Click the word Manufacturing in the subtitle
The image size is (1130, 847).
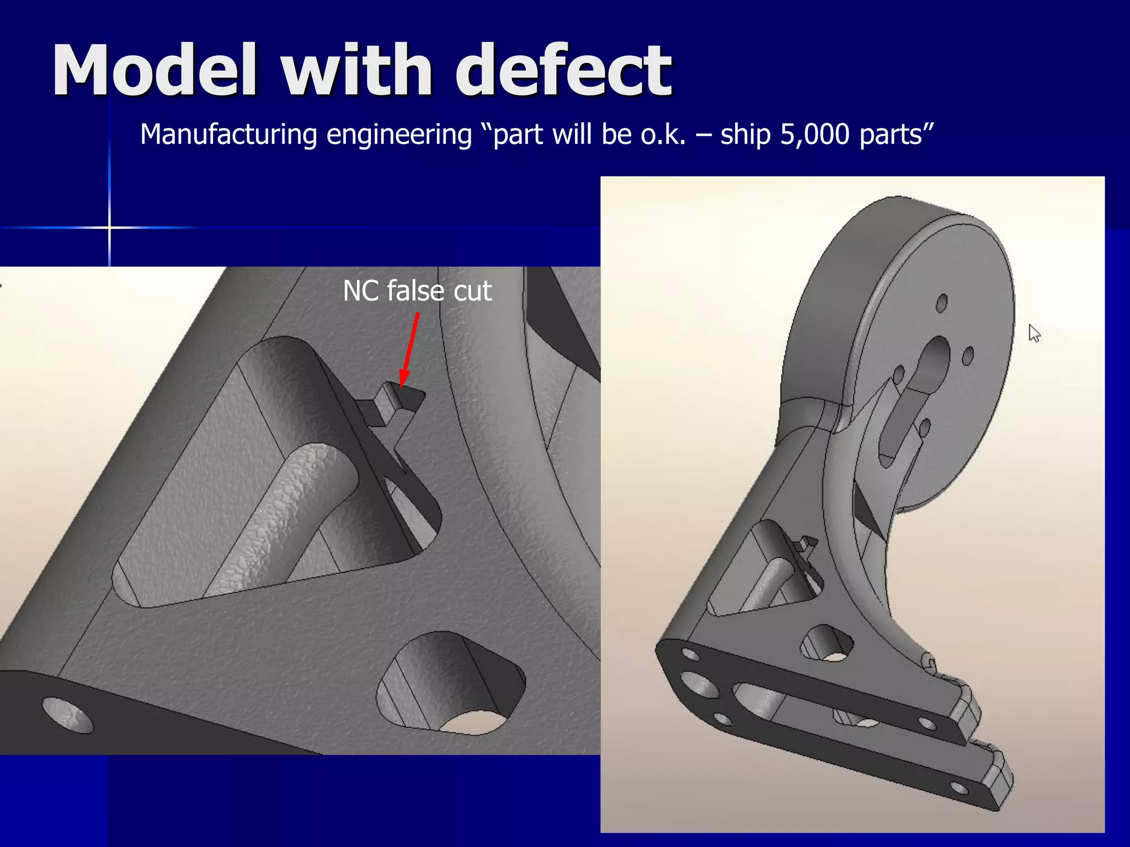pyautogui.click(x=228, y=135)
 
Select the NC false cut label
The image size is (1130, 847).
pyautogui.click(x=417, y=291)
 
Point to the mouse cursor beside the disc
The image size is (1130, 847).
pyautogui.click(x=1034, y=333)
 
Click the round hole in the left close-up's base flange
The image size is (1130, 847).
pyautogui.click(x=67, y=715)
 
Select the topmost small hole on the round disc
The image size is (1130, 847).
pyautogui.click(x=942, y=303)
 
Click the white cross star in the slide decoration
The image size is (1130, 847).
pyautogui.click(x=109, y=227)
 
